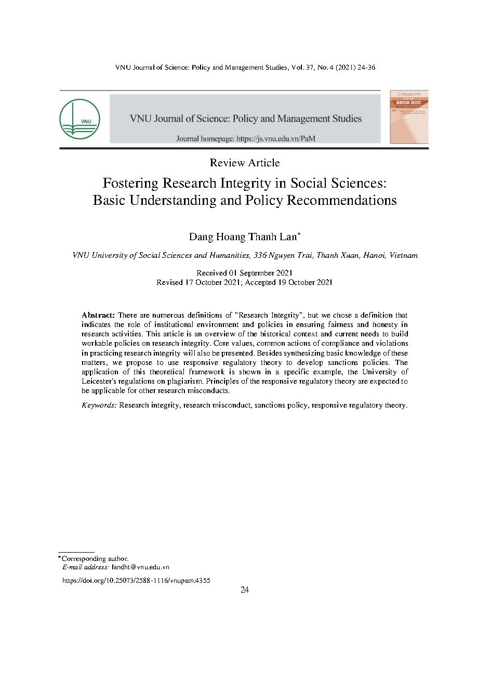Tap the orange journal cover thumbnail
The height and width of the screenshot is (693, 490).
pyautogui.click(x=409, y=116)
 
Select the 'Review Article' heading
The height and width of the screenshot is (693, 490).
pyautogui.click(x=245, y=163)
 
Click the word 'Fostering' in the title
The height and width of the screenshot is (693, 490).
pyautogui.click(x=130, y=184)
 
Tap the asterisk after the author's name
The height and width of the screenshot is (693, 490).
pyautogui.click(x=299, y=235)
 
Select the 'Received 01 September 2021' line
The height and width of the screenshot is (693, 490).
pyautogui.click(x=245, y=273)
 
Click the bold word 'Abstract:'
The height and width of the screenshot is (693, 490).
pyautogui.click(x=98, y=315)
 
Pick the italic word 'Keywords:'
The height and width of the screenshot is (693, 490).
pyautogui.click(x=99, y=405)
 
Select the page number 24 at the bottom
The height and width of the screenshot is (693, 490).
pyautogui.click(x=245, y=590)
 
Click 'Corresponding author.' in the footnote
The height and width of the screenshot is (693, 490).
pyautogui.click(x=95, y=558)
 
